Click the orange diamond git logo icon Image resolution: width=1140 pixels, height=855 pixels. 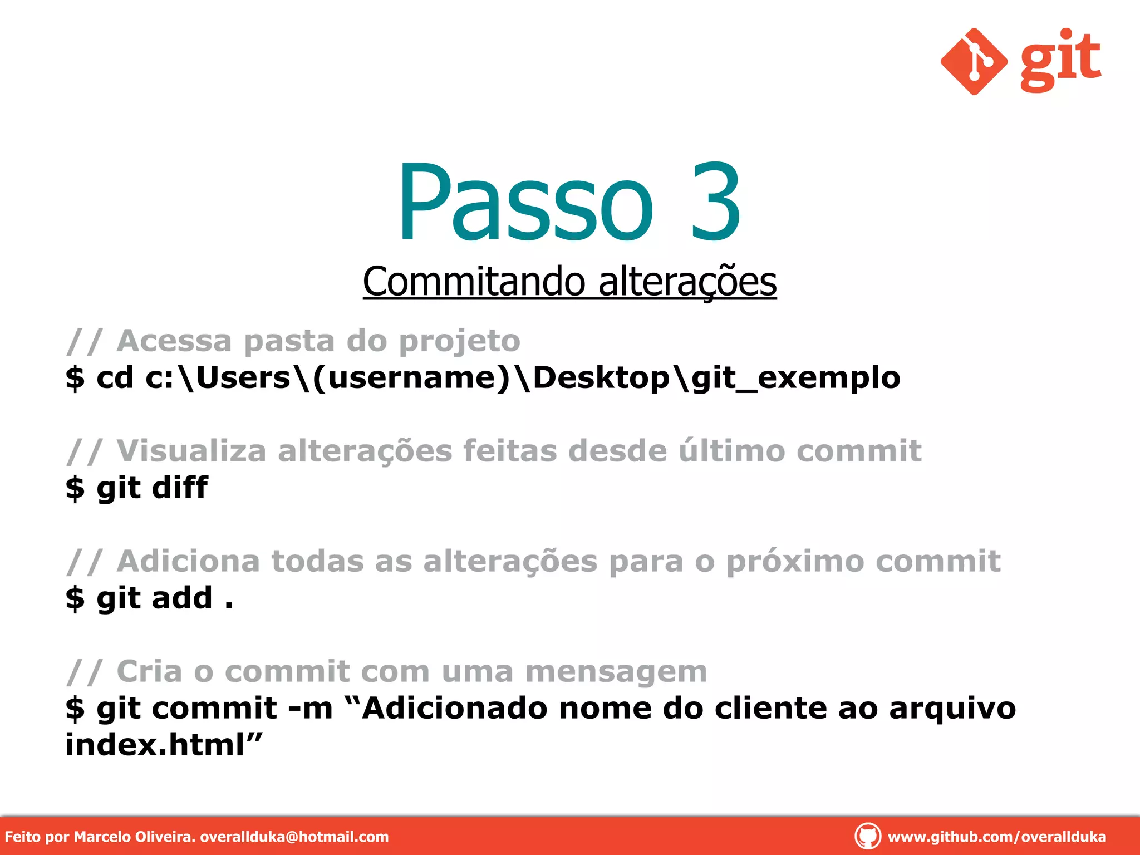tap(974, 62)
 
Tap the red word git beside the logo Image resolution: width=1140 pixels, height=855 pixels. tap(1060, 60)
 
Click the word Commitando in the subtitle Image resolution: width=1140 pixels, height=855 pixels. tap(474, 281)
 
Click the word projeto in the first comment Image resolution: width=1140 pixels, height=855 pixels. tap(460, 341)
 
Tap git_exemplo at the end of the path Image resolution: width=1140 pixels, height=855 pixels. tap(795, 378)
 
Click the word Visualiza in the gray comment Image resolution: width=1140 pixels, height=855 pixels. tap(191, 450)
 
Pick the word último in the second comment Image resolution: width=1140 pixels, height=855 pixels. tap(731, 450)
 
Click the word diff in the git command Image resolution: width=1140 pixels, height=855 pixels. tap(180, 488)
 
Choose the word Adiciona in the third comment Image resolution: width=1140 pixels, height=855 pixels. tap(188, 561)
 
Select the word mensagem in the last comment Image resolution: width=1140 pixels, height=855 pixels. tap(616, 671)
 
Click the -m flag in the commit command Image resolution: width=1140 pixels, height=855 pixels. tap(310, 709)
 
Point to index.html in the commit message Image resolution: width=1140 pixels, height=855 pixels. tap(155, 745)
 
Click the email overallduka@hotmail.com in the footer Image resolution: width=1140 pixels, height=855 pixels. tap(294, 837)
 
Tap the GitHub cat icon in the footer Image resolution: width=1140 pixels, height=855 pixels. tap(867, 836)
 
